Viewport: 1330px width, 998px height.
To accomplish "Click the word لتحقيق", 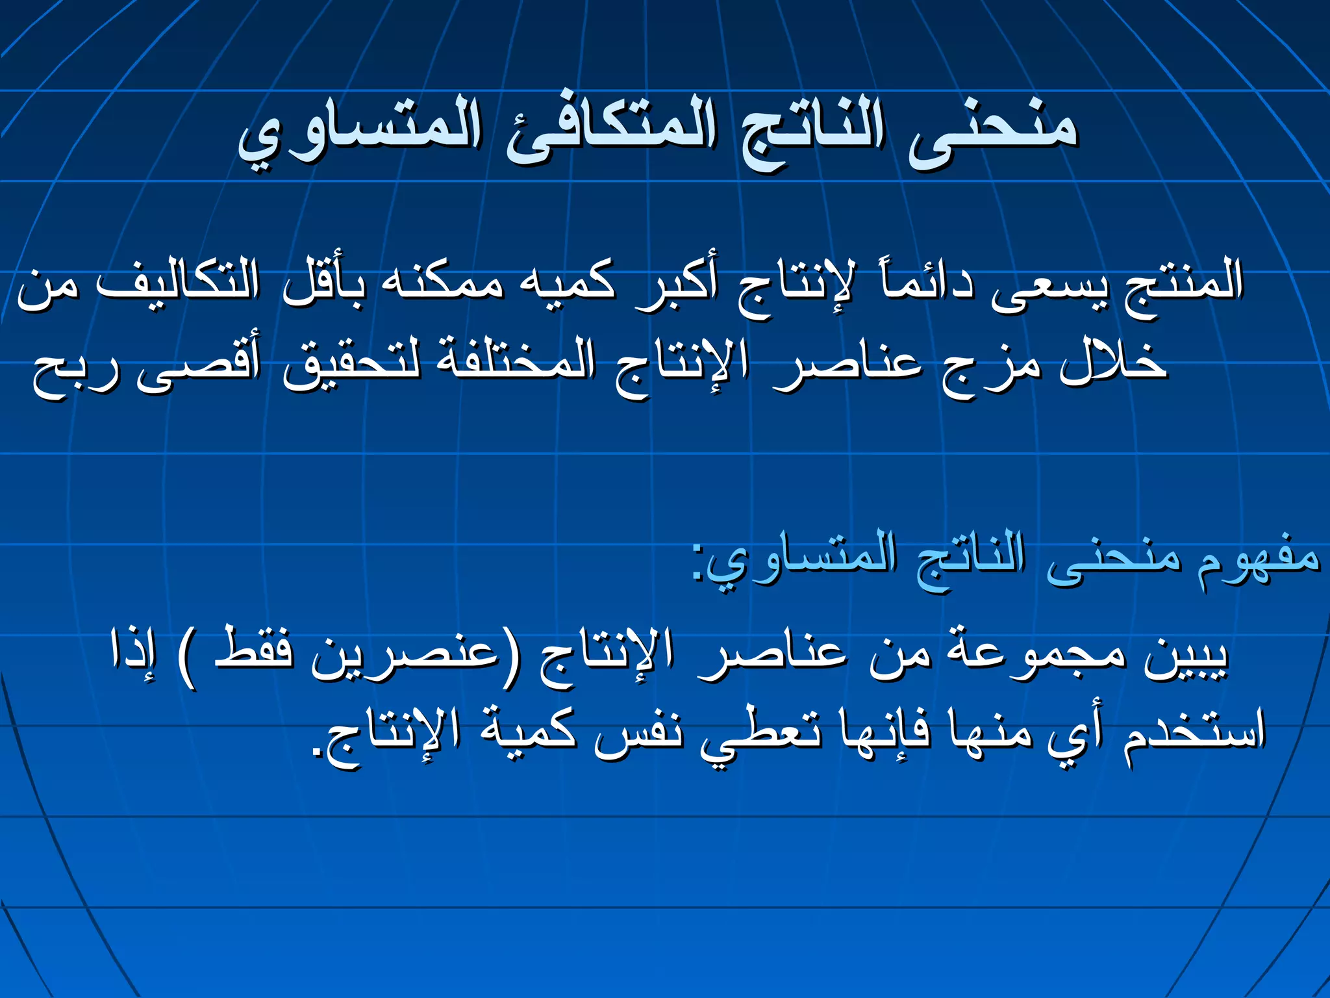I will coord(351,364).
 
